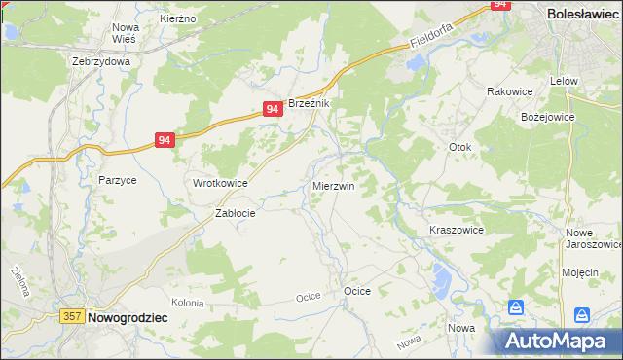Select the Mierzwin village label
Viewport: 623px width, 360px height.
[x=333, y=185]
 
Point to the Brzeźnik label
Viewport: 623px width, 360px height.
[x=311, y=104]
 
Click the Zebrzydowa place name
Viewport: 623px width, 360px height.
[x=101, y=60]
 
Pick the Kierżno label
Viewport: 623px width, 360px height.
[x=178, y=18]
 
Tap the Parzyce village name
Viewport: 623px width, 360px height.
[x=117, y=180]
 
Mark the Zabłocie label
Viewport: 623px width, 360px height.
[x=235, y=214]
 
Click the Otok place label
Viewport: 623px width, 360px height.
[x=459, y=148]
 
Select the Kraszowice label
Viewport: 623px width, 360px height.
[x=457, y=230]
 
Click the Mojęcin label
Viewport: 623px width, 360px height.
[x=579, y=272]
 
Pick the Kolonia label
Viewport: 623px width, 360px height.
[x=187, y=303]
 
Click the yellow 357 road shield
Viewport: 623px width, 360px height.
[x=71, y=316]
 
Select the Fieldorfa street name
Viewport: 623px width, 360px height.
[x=432, y=37]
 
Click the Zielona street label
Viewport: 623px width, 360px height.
[x=19, y=281]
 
